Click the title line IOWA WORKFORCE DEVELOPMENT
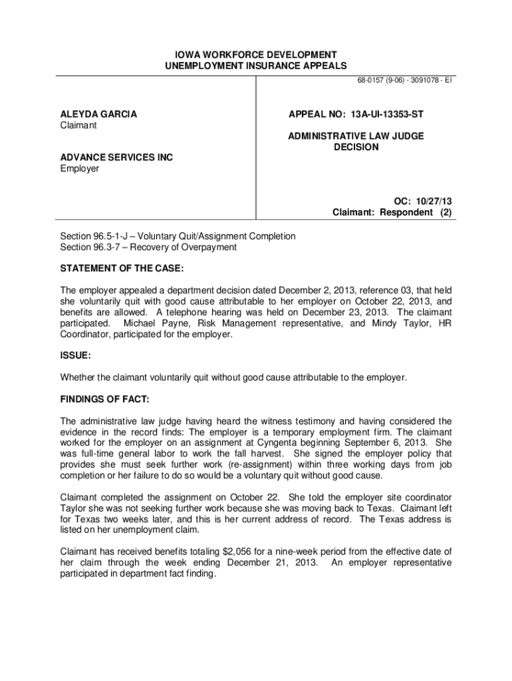pos(255,54)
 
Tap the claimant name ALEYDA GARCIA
pos(98,114)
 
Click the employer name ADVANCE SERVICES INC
pos(116,158)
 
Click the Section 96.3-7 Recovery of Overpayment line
pos(148,247)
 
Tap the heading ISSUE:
pos(76,356)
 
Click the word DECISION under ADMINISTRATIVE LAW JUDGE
pos(356,147)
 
